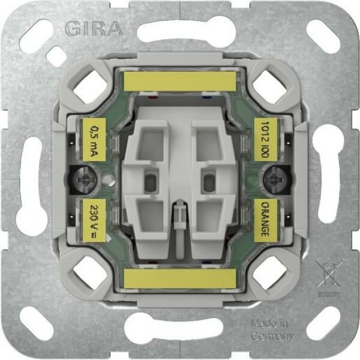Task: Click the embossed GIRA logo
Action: click(94, 29)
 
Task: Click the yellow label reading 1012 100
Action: click(266, 140)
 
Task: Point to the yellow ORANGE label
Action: click(266, 220)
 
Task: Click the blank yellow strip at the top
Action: click(180, 82)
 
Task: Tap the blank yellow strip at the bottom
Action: click(180, 279)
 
